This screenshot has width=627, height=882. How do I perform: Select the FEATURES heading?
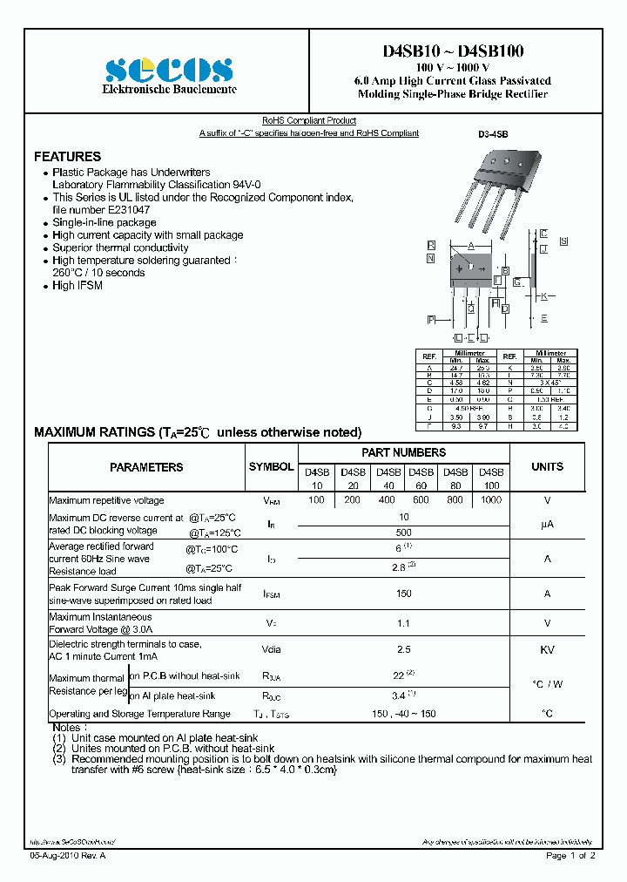(x=67, y=157)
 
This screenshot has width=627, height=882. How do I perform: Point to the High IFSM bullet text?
(x=78, y=286)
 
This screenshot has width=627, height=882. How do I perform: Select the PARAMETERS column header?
(x=146, y=467)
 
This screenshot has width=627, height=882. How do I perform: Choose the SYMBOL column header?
(x=272, y=467)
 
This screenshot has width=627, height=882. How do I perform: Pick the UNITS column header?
(x=547, y=467)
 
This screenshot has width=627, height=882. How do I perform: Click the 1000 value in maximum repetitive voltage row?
(x=491, y=500)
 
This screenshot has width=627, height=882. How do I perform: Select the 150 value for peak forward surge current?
(x=403, y=594)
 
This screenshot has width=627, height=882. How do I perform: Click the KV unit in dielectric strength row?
(x=547, y=650)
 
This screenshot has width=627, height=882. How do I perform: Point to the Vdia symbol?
(x=272, y=650)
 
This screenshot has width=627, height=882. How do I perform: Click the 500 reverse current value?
(x=403, y=532)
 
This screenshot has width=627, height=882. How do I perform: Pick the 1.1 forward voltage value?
(x=403, y=623)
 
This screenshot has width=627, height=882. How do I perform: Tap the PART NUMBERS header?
(x=403, y=452)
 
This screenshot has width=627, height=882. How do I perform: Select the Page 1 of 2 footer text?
(x=570, y=856)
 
